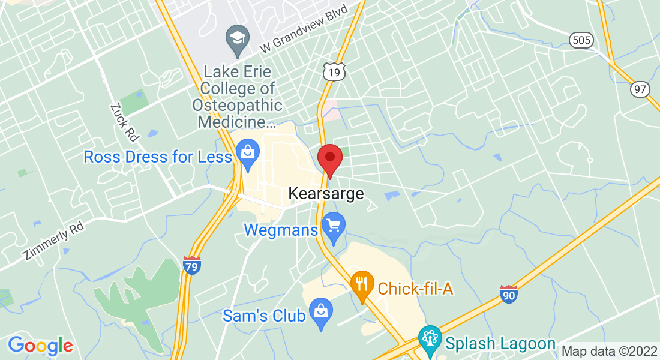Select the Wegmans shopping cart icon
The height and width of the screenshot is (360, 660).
[x=333, y=226]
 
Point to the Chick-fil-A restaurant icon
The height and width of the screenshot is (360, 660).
[x=362, y=284]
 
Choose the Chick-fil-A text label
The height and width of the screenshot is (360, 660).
[x=415, y=289]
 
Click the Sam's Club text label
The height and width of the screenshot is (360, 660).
[x=264, y=316]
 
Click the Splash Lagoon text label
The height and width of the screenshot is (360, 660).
[x=500, y=344]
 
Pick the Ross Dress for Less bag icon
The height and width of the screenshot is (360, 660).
[x=247, y=152]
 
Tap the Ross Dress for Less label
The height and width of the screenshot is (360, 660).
[x=158, y=157]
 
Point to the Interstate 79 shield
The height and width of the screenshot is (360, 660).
[x=192, y=266]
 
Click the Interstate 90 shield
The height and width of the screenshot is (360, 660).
[x=509, y=294]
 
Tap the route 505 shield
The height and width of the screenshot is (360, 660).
[x=581, y=40]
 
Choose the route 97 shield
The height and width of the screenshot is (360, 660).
[x=640, y=89]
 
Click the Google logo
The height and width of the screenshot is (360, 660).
[x=40, y=346]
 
